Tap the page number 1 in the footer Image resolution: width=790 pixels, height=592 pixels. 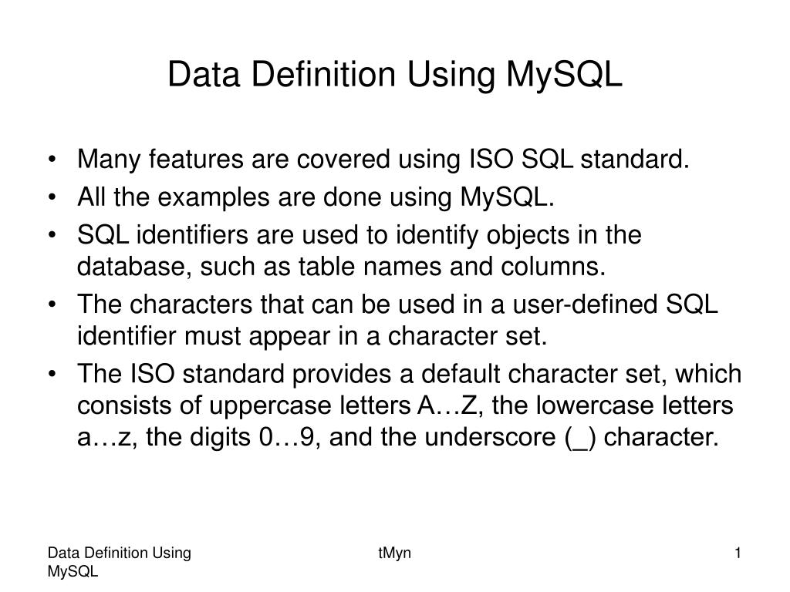[738, 553]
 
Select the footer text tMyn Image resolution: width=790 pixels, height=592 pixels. [393, 553]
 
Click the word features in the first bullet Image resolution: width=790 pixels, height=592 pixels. [194, 160]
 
